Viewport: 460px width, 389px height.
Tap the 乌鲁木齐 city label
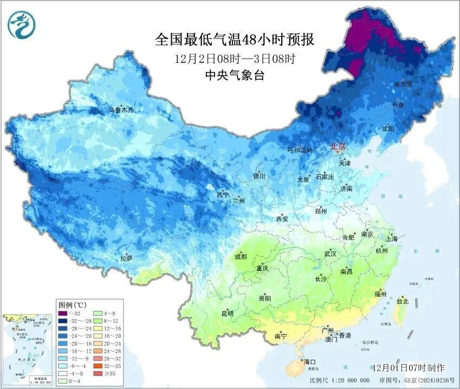pos(120,110)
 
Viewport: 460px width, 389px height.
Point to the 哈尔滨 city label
pos(403,85)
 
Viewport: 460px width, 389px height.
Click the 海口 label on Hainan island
pos(310,362)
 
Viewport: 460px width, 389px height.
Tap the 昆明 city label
pos(227,314)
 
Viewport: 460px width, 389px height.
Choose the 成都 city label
pos(241,256)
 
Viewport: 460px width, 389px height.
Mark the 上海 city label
pos(392,238)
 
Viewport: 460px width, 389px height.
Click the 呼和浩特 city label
pos(300,150)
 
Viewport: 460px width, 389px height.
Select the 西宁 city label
pos(223,194)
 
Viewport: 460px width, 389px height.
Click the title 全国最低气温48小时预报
pos(234,40)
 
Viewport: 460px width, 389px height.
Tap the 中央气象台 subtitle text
pos(234,76)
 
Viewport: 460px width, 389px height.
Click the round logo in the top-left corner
pos(20,24)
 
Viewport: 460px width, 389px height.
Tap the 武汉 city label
pos(330,254)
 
